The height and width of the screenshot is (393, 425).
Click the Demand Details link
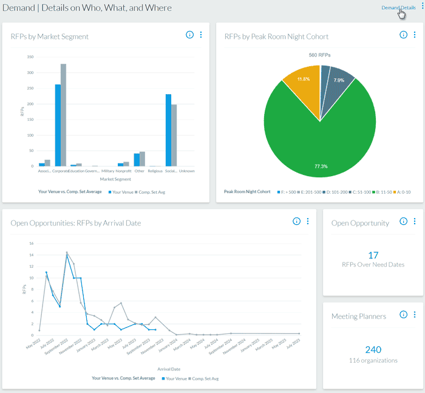click(398, 7)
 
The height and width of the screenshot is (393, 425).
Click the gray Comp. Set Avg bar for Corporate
click(63, 115)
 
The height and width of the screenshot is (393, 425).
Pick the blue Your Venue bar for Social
click(168, 130)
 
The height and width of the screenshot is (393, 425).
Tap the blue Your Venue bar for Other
click(137, 160)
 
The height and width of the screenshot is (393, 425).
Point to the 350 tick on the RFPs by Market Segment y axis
click(30, 56)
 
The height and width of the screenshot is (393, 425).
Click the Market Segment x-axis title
click(115, 179)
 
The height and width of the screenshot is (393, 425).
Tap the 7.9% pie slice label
click(339, 80)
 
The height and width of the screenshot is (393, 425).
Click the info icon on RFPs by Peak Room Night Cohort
click(404, 35)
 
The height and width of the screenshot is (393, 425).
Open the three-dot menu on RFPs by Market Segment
click(201, 35)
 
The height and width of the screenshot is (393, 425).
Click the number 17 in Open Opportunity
click(373, 255)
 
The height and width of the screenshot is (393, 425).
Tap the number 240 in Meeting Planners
click(373, 349)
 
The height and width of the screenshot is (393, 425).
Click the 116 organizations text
click(373, 360)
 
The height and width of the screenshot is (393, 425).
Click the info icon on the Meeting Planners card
click(404, 315)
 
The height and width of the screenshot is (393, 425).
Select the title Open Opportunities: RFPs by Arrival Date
click(76, 223)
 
